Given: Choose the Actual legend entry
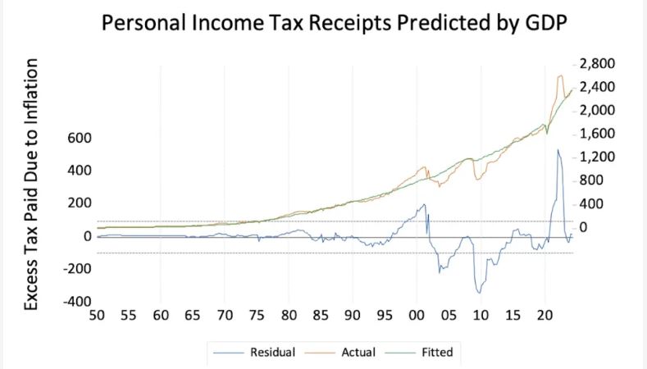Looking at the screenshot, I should coord(345,353).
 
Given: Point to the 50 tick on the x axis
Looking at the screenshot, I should coord(97,315).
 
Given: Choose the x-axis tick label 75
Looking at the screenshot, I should coord(257,315).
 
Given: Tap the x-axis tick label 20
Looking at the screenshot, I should coord(544,315).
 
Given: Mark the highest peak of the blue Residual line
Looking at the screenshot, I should coord(558,150).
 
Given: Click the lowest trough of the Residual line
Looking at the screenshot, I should coord(479,293).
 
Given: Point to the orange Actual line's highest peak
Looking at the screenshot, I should coord(560,76).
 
